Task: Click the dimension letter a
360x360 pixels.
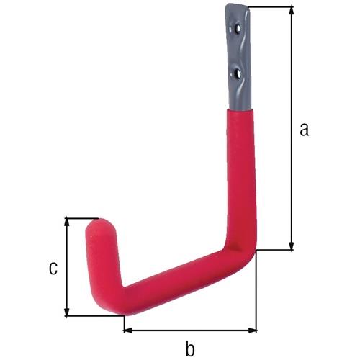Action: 305,130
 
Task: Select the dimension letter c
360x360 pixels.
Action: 53,268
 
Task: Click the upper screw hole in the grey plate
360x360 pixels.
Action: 238,29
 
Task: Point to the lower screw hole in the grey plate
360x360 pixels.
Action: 238,73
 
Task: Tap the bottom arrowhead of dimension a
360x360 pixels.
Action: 292,246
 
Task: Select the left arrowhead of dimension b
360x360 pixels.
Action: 128,330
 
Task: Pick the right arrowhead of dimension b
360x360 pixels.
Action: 252,330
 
